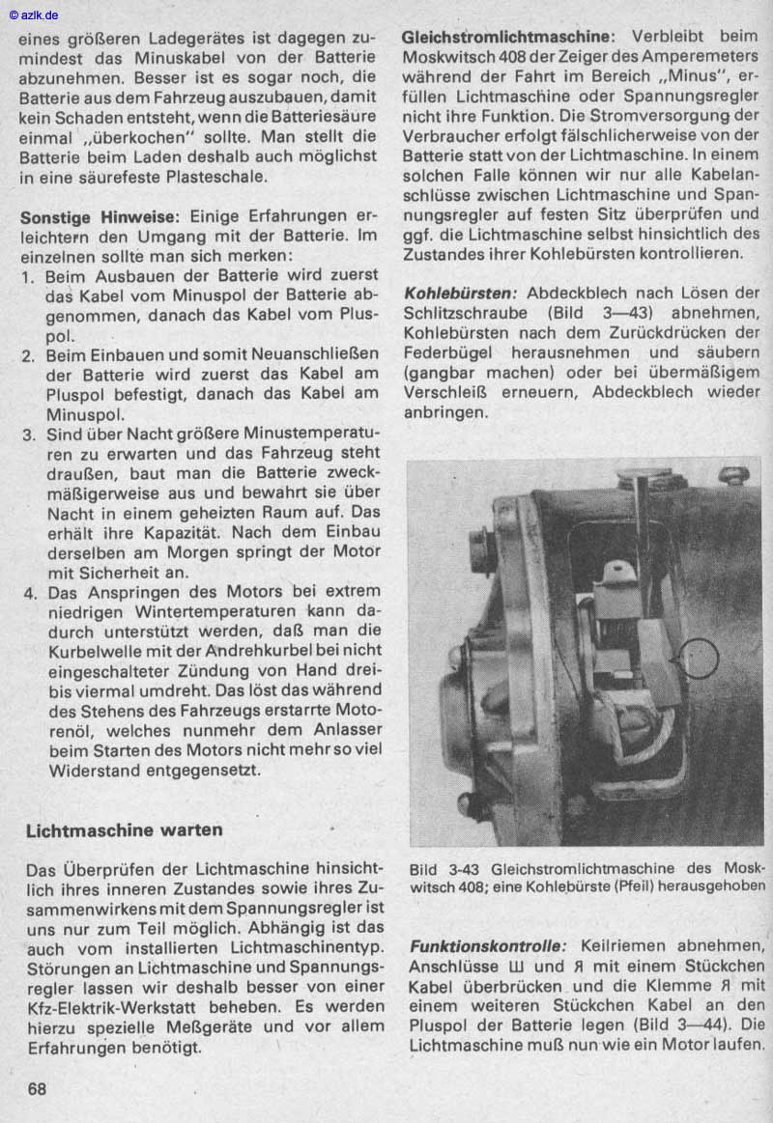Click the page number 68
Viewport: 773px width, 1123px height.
(38, 1088)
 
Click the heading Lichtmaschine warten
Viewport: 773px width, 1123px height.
(125, 829)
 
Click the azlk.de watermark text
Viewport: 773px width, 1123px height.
(34, 14)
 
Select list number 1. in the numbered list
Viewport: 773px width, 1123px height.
(29, 276)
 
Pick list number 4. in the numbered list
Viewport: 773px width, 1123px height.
(30, 593)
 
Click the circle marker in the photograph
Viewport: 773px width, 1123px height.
(700, 659)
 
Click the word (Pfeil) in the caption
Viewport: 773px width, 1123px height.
(611, 885)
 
